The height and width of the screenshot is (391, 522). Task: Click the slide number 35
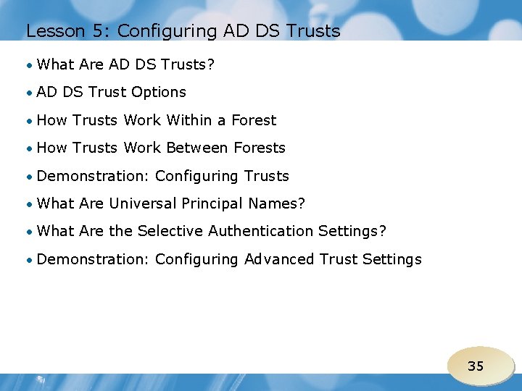(476, 366)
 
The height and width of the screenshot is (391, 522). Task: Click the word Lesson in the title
(49, 31)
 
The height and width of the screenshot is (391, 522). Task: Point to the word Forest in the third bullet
(254, 120)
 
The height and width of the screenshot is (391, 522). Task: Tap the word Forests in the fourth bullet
(260, 148)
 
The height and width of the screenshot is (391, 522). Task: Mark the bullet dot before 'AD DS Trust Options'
(29, 93)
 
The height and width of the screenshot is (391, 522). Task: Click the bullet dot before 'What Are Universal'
(29, 204)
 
